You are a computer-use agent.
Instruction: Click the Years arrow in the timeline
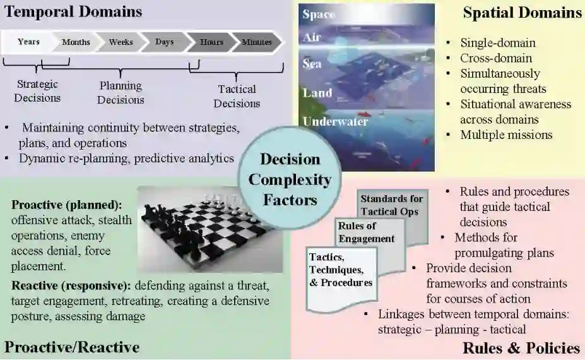tap(29, 42)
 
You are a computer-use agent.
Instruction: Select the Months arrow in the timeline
tap(76, 42)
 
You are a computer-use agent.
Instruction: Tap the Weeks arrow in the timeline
tap(121, 42)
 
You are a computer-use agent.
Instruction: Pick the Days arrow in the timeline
tap(164, 42)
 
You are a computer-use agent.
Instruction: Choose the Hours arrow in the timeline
tap(211, 42)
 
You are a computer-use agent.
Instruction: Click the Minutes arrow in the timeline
tap(257, 42)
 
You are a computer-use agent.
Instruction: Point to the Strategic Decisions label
tap(37, 91)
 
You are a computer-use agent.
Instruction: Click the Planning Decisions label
tap(121, 92)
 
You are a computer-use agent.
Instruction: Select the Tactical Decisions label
tap(237, 96)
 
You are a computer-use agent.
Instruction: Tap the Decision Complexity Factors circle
tap(290, 179)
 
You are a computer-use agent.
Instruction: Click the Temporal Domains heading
tap(73, 11)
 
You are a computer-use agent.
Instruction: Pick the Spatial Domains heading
tap(522, 13)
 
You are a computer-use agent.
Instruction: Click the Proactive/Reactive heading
tap(72, 347)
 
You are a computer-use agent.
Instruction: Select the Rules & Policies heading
tap(521, 348)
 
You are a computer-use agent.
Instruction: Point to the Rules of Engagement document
tap(366, 232)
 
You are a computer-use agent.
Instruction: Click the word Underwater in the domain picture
tap(334, 121)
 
